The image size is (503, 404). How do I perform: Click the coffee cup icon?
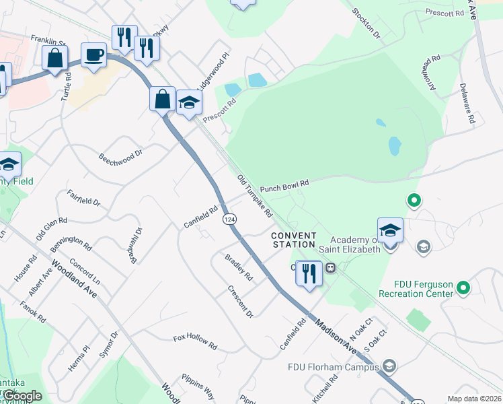93,55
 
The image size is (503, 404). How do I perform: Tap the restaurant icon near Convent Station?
309,273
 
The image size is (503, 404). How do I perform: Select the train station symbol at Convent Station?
330,267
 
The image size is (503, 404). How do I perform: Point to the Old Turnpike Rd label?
255,196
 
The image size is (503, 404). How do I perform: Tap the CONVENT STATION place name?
294,240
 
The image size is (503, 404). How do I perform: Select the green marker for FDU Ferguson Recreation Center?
463,288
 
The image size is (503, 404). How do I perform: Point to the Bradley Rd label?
238,267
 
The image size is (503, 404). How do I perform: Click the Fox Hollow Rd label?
195,342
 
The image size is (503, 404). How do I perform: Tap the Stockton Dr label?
367,24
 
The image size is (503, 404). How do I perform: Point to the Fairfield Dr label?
83,198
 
